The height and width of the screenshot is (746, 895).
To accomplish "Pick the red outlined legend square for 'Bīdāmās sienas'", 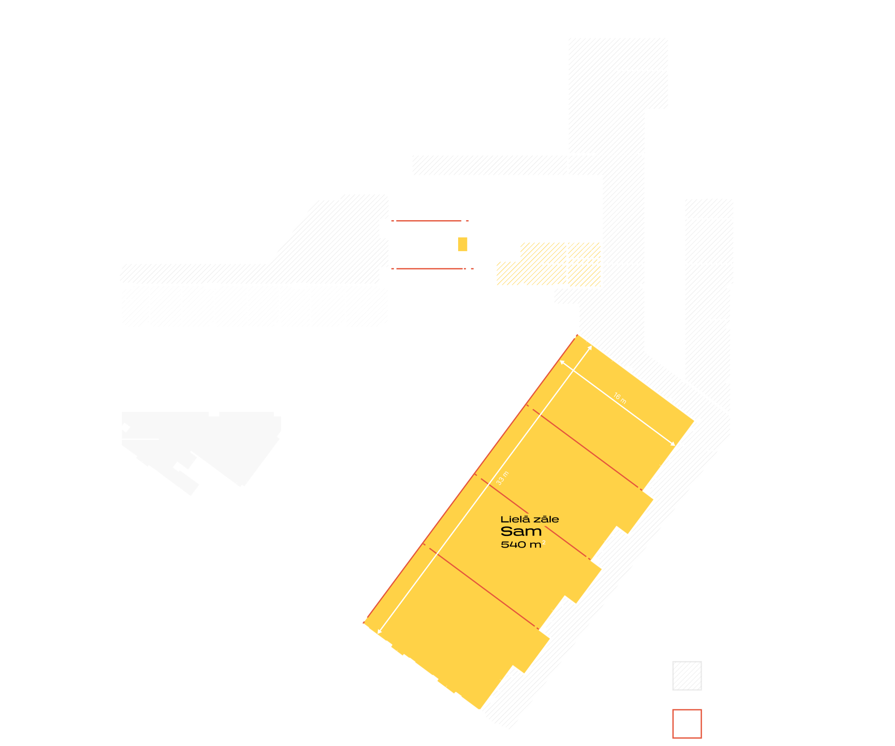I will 687,723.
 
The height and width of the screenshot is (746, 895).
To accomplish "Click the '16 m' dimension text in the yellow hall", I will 620,398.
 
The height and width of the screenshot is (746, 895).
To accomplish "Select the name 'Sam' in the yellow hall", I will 521,532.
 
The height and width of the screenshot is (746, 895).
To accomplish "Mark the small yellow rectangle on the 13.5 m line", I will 462,244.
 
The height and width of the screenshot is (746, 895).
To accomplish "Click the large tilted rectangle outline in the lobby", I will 457,405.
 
